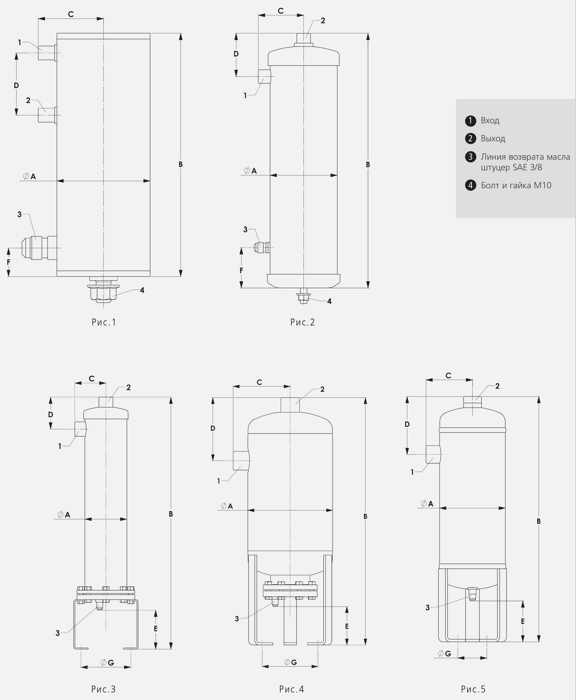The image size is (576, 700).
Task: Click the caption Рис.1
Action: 104,322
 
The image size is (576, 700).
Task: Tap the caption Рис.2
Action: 303,322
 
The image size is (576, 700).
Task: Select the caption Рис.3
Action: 103,689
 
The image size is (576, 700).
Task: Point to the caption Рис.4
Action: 292,689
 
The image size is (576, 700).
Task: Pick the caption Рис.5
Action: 473,689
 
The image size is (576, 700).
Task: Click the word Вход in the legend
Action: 490,120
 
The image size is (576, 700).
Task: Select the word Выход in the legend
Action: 493,138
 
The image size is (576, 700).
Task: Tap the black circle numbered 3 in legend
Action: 470,157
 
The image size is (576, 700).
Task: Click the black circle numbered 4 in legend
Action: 470,185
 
